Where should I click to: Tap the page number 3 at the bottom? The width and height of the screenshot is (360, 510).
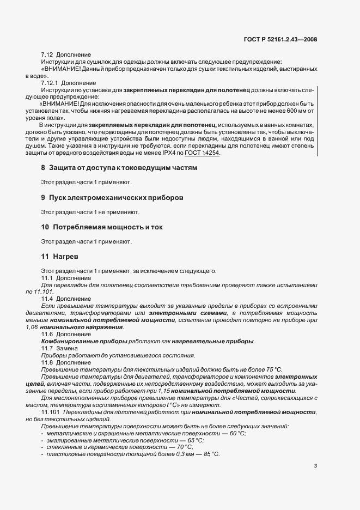coord(316,466)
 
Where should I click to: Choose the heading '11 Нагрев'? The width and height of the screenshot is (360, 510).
coord(58,256)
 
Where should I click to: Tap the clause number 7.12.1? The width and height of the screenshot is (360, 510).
coord(50,82)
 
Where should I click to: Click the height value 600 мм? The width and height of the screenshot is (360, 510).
coord(289,110)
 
